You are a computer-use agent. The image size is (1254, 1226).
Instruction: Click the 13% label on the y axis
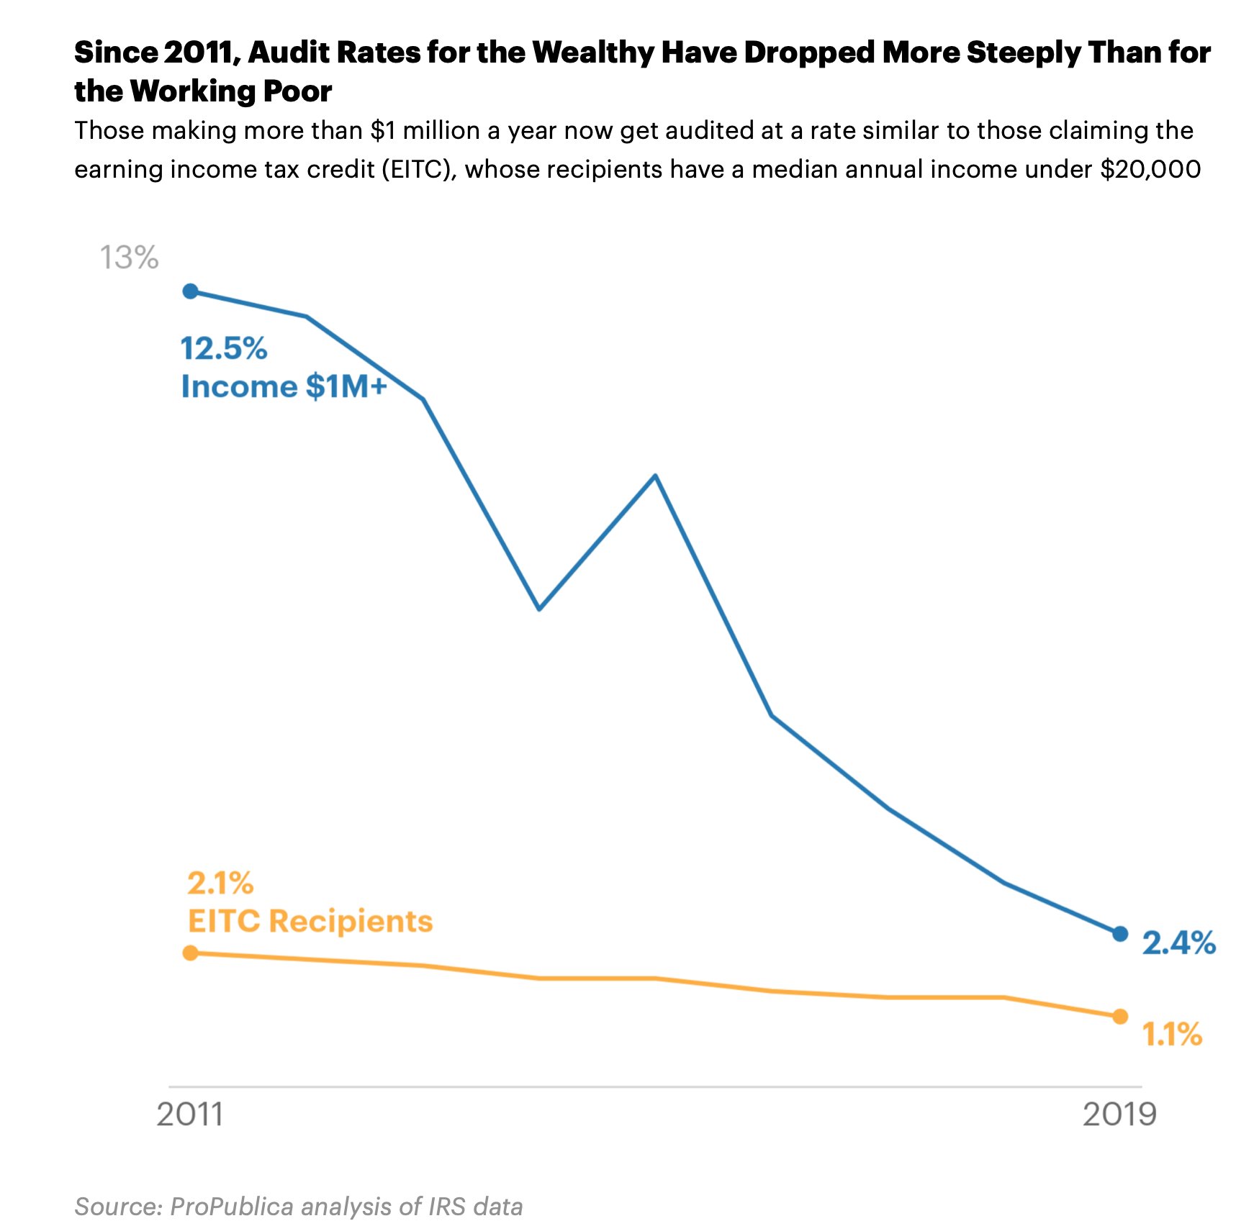(x=129, y=258)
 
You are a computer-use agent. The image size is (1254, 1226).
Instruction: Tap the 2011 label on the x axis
(x=189, y=1114)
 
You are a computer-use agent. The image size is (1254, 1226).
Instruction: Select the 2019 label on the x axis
(x=1119, y=1114)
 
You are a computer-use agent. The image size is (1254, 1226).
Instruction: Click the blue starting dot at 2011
(x=190, y=291)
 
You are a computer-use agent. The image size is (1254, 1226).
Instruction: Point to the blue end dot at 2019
(x=1120, y=934)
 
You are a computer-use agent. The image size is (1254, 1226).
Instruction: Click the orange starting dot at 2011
(x=190, y=953)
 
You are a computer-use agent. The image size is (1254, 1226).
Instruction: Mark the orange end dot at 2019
(x=1120, y=1017)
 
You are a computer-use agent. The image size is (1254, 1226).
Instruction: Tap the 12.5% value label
(x=223, y=349)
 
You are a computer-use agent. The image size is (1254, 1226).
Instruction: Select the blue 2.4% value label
(x=1178, y=943)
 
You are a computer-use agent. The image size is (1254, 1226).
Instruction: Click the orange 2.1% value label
(x=220, y=884)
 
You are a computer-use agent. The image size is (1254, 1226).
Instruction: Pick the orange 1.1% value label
(x=1172, y=1035)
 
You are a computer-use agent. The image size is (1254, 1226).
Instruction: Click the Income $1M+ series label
(x=284, y=387)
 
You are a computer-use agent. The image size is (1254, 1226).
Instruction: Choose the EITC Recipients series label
(x=310, y=922)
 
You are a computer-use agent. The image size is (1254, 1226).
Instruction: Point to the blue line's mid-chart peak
(x=655, y=476)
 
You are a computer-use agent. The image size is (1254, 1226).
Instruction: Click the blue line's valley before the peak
(x=539, y=609)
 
